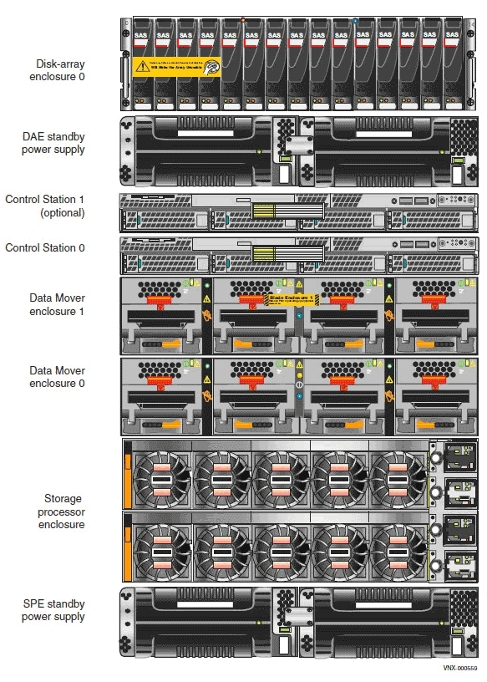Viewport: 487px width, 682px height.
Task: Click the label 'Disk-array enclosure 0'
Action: (x=60, y=69)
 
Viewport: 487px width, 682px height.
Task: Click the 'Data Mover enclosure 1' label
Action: (x=57, y=305)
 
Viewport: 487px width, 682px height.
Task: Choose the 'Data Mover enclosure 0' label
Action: (x=57, y=377)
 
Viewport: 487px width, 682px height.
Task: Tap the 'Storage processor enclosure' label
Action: (x=61, y=511)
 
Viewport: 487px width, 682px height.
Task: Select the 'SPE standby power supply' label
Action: (x=53, y=610)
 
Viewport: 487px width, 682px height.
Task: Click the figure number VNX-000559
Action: (x=460, y=668)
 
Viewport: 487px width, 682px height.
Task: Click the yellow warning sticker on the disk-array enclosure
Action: (x=176, y=66)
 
